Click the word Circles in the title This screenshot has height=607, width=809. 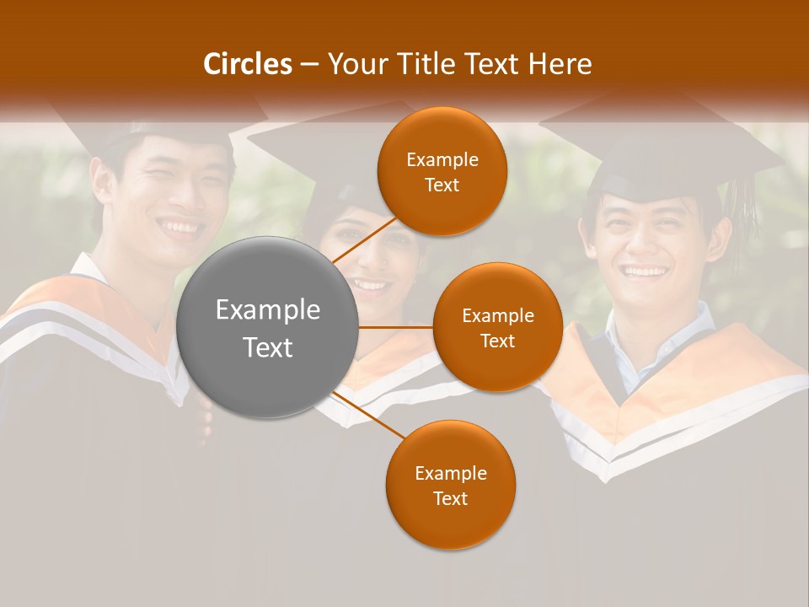[247, 64]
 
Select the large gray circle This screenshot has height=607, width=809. [267, 327]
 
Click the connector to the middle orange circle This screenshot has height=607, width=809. [395, 327]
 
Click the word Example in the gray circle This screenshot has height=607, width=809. [267, 310]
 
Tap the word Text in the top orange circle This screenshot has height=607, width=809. [442, 185]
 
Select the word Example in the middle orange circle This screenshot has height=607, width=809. [497, 316]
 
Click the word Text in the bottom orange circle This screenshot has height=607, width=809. [450, 498]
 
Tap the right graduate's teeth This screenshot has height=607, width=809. [645, 271]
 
